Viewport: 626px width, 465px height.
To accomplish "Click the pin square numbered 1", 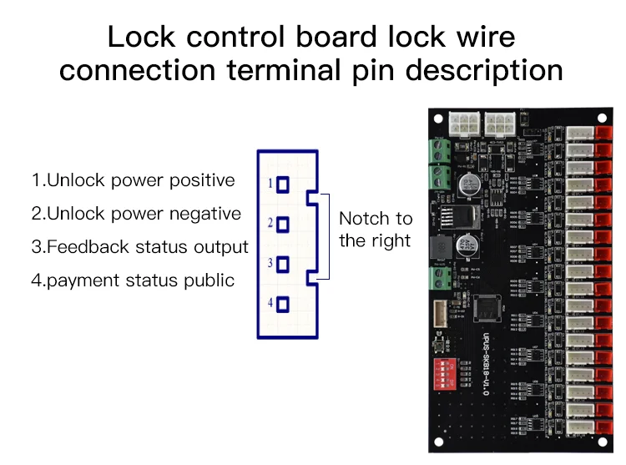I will (284, 184).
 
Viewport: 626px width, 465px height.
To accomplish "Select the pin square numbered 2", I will (284, 225).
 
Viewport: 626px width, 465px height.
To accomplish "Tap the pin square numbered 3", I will (284, 265).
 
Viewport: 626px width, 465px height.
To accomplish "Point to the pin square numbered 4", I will (284, 304).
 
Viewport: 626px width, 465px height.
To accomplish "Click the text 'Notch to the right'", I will (376, 230).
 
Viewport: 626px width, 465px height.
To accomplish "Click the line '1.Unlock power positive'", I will (134, 180).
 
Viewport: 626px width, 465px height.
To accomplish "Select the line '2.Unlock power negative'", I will (136, 214).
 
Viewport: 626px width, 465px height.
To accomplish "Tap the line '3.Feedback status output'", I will (140, 247).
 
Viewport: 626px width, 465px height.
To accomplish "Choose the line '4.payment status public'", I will (133, 281).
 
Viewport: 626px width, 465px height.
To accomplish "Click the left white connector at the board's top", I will (462, 124).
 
